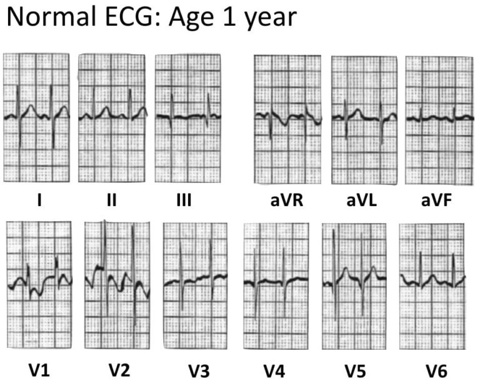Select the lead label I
39,201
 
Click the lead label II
111,201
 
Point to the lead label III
184,201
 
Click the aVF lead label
435,201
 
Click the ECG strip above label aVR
287,119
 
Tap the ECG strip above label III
188,117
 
